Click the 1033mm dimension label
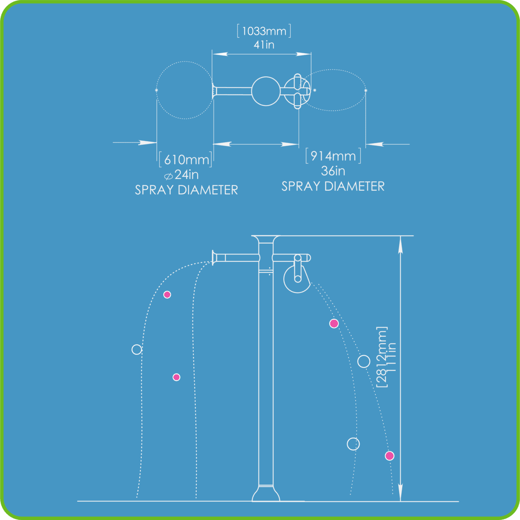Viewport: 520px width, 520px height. (264, 31)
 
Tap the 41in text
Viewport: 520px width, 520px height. (264, 45)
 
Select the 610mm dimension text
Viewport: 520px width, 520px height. (186, 159)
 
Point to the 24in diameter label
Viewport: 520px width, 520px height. (182, 175)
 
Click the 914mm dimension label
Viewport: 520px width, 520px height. (333, 156)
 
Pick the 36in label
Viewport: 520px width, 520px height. (333, 171)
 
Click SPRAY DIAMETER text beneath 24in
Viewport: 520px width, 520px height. (186, 190)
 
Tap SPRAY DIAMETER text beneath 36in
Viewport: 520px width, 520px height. (333, 186)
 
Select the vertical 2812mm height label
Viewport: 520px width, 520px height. (381, 357)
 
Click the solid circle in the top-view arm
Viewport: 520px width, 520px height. (266, 91)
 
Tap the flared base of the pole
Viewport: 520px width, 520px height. (266, 494)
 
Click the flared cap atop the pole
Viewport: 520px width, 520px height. (266, 239)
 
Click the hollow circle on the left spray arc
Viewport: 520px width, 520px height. (137, 349)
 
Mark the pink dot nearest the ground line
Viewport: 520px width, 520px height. (390, 456)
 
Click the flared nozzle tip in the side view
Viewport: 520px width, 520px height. (214, 257)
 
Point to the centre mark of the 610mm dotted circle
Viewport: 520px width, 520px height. (156, 90)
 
